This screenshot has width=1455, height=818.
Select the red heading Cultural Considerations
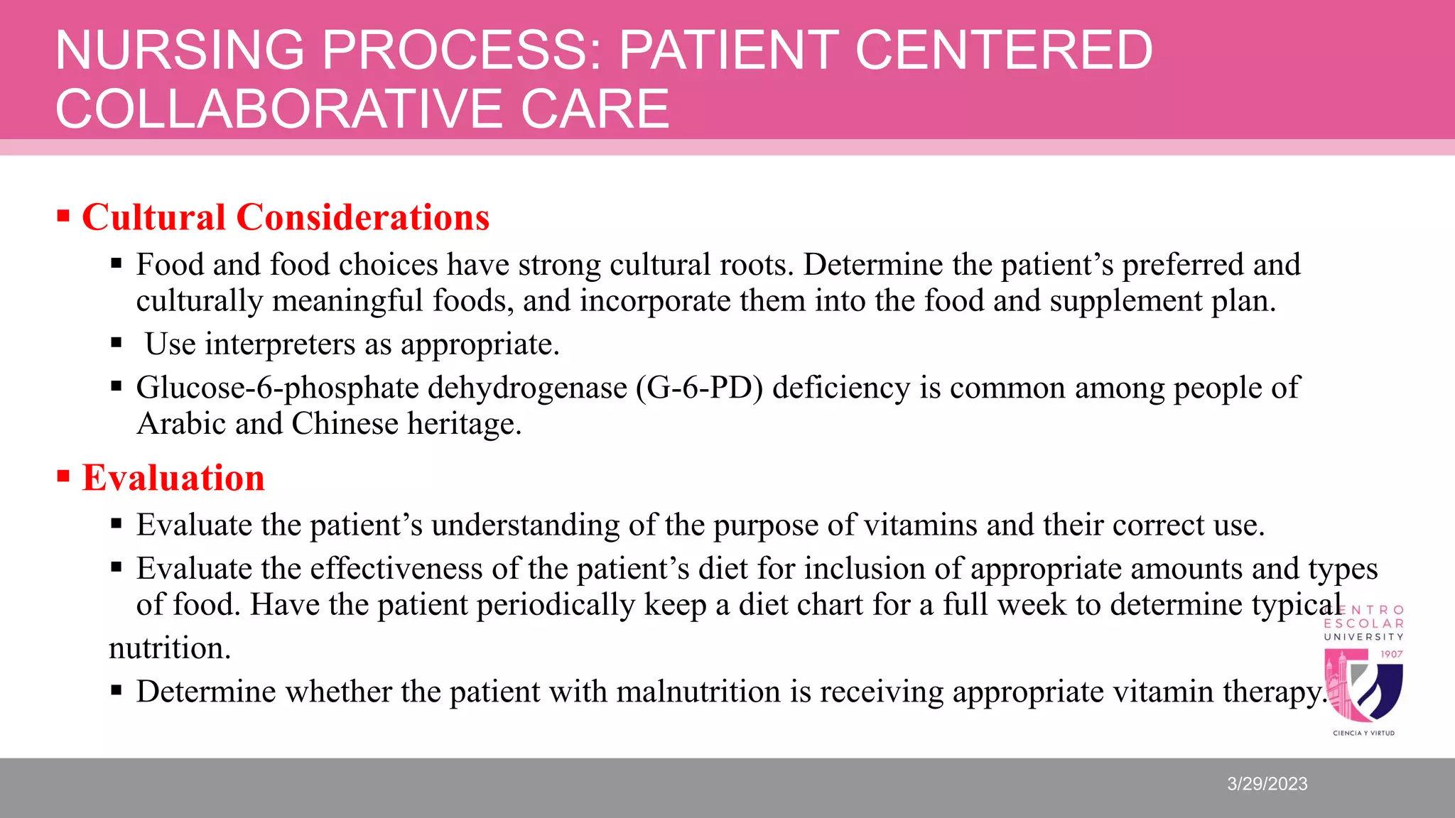pyautogui.click(x=286, y=217)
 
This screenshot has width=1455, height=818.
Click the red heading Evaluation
pyautogui.click(x=173, y=478)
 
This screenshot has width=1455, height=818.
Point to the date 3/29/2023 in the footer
pyautogui.click(x=1267, y=784)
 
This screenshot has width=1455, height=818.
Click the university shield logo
pyautogui.click(x=1363, y=684)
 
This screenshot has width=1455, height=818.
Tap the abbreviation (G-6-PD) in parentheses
pyautogui.click(x=700, y=388)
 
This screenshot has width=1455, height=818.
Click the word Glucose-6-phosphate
pyautogui.click(x=278, y=388)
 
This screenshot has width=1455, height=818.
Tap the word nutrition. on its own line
pyautogui.click(x=170, y=648)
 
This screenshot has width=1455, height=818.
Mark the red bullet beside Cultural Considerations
pyautogui.click(x=63, y=215)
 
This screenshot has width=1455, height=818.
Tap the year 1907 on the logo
pyautogui.click(x=1391, y=654)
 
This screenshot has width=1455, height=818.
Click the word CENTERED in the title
pyautogui.click(x=1004, y=50)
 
